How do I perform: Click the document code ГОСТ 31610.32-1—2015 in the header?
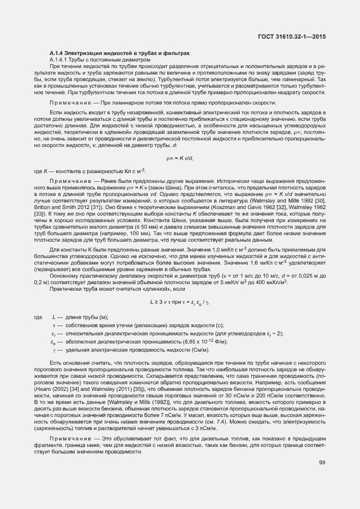(x=295, y=36)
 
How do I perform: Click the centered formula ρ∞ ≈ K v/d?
(x=180, y=158)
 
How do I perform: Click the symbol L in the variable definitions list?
(x=53, y=317)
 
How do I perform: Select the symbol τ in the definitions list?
(x=53, y=325)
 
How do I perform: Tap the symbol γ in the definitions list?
(x=53, y=349)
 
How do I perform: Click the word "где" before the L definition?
(x=38, y=317)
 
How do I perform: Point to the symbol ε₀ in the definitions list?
(x=53, y=341)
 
